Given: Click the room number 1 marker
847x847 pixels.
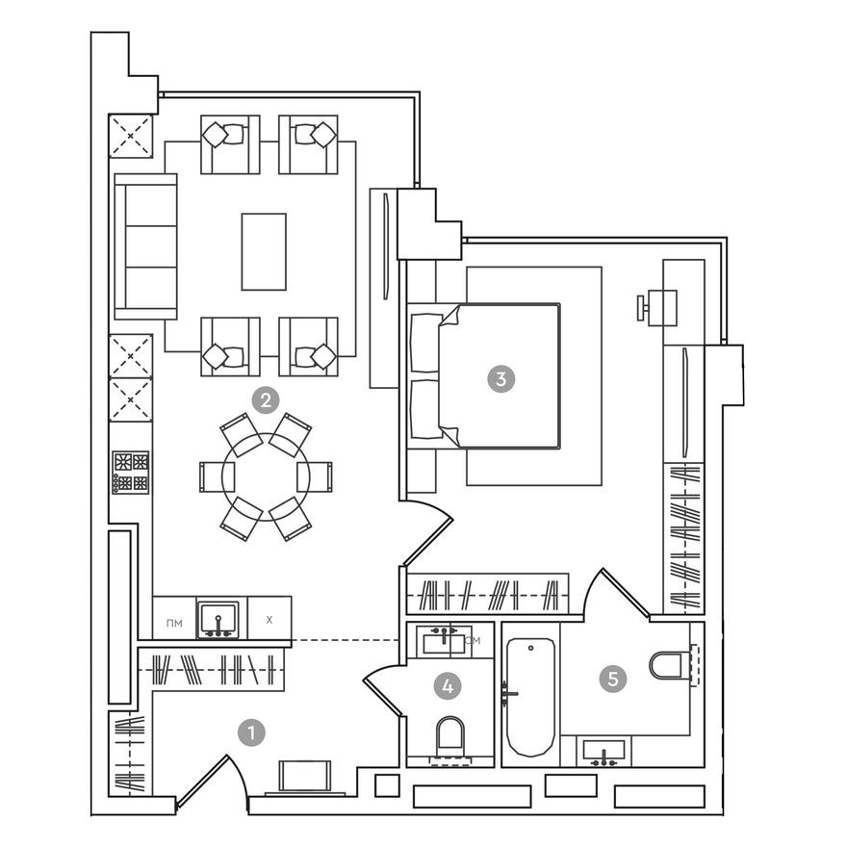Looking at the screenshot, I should coord(251,733).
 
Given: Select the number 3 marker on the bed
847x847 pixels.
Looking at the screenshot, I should coord(500,378).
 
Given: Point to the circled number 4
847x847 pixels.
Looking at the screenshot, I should coord(447,686).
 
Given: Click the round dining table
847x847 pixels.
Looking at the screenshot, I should coord(266,476).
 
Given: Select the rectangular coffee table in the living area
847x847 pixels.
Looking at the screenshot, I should coord(264,251).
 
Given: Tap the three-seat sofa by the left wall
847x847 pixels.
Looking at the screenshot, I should coord(145,246).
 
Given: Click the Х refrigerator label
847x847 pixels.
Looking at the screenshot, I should coord(269,620).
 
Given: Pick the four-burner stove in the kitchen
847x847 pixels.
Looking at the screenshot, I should coord(131,472).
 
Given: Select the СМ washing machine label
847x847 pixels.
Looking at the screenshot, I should coord(472,639).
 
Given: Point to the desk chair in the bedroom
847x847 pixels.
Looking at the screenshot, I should coord(643,308).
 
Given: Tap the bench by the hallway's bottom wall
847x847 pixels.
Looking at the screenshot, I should coord(305,776).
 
